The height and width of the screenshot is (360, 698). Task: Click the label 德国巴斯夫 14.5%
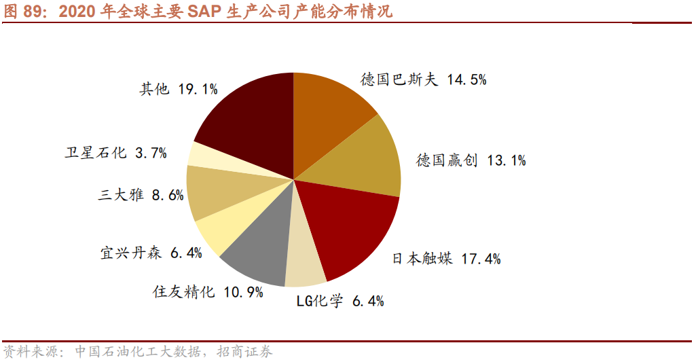click(423, 80)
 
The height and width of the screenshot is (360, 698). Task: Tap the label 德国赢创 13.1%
click(471, 161)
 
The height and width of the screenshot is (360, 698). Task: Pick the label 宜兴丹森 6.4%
click(151, 253)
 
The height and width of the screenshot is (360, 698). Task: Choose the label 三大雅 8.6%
click(141, 196)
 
